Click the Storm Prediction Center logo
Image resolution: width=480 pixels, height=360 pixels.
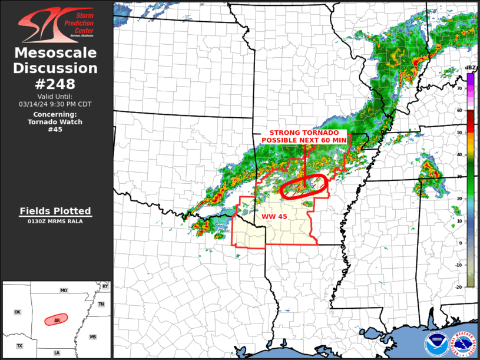point(56,24)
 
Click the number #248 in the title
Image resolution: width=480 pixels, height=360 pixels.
point(56,83)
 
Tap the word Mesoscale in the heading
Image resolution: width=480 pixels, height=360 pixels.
point(56,53)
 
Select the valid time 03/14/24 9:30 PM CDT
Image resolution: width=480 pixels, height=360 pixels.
point(55,104)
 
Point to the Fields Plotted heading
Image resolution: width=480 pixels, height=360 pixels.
point(55,211)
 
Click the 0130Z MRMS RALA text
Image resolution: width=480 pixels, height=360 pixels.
point(55,222)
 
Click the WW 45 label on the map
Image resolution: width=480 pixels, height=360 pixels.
point(274,217)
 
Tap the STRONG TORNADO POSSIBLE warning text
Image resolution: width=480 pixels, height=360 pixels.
point(304,137)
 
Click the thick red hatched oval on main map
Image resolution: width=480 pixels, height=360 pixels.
point(303,187)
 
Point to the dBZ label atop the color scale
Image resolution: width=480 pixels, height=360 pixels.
point(470,68)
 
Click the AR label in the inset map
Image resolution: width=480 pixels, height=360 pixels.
point(57,321)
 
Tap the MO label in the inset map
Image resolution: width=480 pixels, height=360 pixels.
point(64,290)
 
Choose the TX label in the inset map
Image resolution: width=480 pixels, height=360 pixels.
point(19,346)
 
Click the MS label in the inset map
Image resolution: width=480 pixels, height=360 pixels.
point(92,336)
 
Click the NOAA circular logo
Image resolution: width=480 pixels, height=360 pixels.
point(436,342)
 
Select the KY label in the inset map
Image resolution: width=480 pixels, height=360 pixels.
point(105,286)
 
